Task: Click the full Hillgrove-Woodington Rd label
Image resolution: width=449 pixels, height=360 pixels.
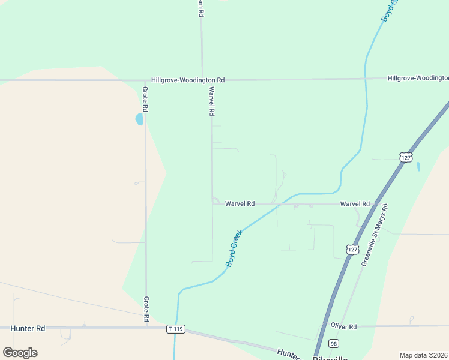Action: (188, 80)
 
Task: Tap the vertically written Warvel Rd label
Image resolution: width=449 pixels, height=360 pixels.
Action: (211, 101)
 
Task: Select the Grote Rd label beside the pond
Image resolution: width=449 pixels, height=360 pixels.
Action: (145, 100)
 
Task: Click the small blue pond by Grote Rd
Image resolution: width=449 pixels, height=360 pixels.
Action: (140, 119)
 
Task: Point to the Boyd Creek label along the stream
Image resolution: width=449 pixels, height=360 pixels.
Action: (234, 248)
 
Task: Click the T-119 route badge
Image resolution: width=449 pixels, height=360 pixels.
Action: (176, 329)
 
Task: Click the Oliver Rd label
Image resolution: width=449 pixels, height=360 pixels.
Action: (343, 326)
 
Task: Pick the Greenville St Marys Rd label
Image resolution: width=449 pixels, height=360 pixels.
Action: (375, 235)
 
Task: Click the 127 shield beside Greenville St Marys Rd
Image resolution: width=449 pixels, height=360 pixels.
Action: (352, 248)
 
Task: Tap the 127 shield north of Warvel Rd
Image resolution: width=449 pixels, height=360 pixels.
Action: (406, 157)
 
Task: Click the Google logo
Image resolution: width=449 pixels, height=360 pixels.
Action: (20, 352)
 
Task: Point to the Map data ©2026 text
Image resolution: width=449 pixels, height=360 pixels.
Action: (424, 355)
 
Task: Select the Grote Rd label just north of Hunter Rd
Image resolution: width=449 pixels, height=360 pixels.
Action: (145, 308)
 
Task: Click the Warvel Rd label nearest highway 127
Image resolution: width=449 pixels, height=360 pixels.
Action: (355, 204)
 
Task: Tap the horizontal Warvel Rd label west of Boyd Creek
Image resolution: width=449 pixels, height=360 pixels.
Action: (240, 204)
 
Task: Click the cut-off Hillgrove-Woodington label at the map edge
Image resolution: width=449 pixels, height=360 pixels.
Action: (418, 78)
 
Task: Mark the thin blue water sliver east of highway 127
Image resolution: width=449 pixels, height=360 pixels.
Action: (418, 166)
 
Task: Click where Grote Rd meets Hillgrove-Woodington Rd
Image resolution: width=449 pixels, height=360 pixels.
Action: (145, 80)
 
